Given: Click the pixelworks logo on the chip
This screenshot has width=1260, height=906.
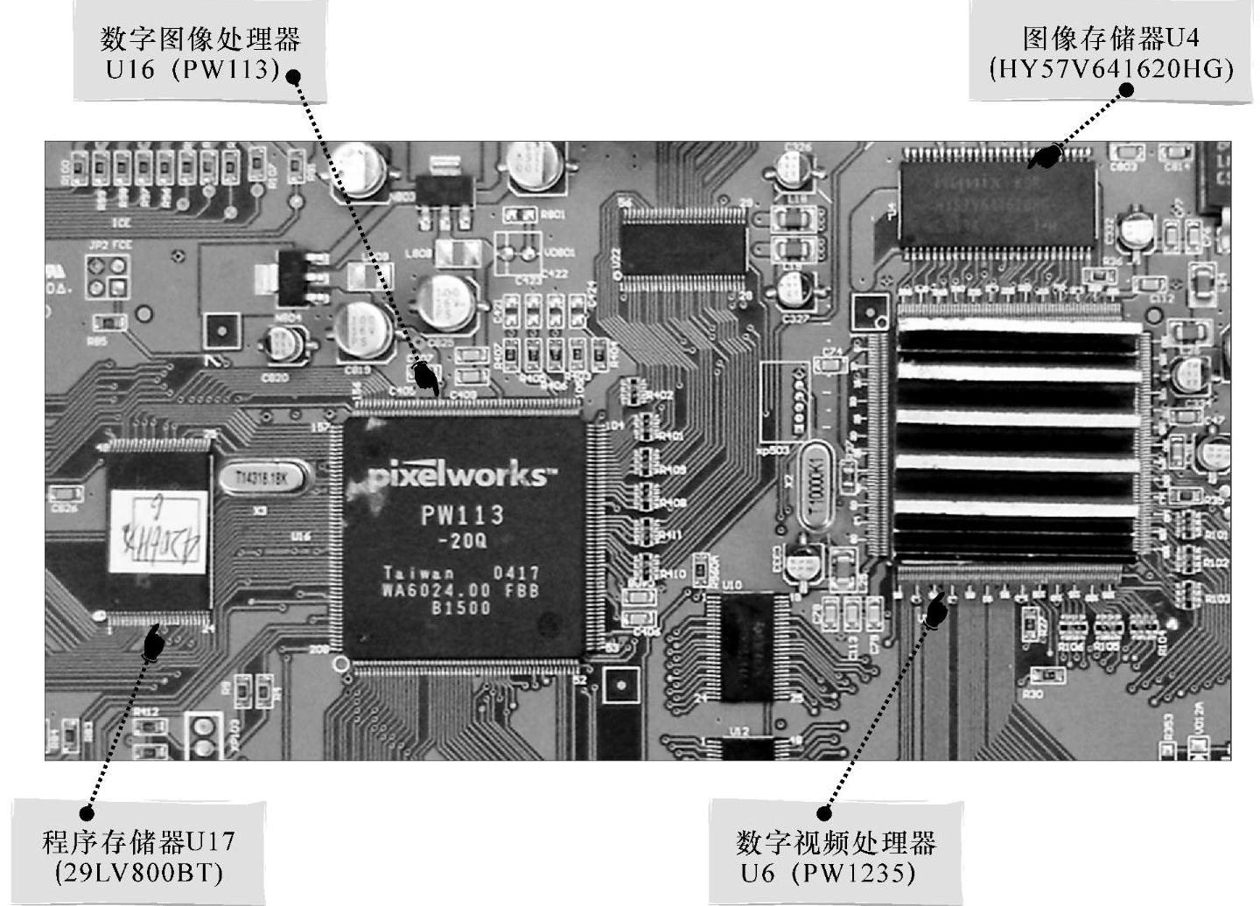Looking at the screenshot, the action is click(x=460, y=477).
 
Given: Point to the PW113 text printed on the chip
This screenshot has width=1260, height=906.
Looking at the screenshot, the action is click(x=462, y=515).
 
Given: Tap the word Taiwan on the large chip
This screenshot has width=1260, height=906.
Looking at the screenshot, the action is click(x=418, y=574).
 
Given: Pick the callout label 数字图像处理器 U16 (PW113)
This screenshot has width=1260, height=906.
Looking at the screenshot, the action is click(x=201, y=52).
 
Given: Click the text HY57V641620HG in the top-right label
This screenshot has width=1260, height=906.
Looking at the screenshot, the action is click(x=1111, y=69).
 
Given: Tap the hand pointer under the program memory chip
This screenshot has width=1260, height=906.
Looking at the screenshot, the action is click(x=153, y=643).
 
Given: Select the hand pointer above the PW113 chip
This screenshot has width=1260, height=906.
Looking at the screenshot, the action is click(x=426, y=377).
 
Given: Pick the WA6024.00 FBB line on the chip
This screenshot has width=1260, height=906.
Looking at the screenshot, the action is click(x=461, y=590).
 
